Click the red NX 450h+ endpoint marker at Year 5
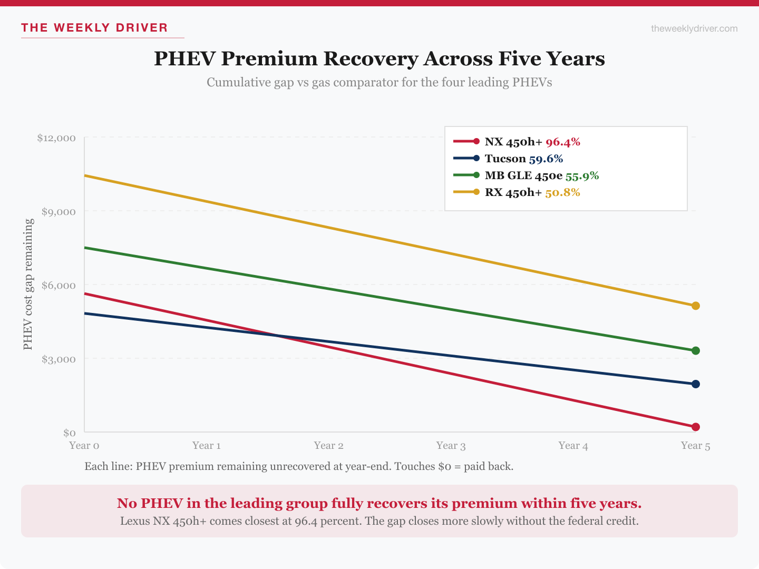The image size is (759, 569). [x=695, y=427]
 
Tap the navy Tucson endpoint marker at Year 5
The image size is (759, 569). [x=695, y=384]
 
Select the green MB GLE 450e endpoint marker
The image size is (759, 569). [x=695, y=351]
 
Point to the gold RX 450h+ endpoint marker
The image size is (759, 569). [x=695, y=306]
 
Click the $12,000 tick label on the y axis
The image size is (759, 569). [x=56, y=138]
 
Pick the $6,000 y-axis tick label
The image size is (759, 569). [x=59, y=286]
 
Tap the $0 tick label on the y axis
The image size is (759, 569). [x=70, y=433]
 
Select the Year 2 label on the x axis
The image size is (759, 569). [x=328, y=446]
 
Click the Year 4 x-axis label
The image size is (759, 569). [x=573, y=446]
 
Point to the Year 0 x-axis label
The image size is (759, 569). [x=84, y=446]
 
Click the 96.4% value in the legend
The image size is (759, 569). [x=562, y=142]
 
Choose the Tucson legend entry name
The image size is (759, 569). [x=505, y=159]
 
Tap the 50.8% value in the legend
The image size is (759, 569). [x=562, y=192]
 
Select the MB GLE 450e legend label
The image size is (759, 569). [x=523, y=175]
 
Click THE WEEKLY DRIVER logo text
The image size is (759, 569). [x=94, y=28]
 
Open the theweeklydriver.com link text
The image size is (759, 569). [x=694, y=28]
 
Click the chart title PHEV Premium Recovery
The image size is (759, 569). [x=379, y=58]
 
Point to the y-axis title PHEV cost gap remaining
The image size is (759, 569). [x=28, y=284]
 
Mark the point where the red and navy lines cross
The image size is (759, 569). [x=278, y=336]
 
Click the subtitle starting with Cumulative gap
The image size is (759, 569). [x=379, y=82]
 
